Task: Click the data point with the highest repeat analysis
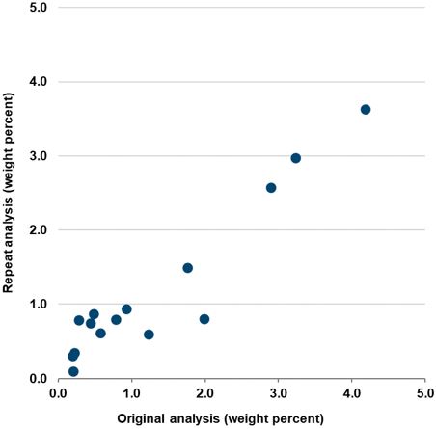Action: (x=366, y=109)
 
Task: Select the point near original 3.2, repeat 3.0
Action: (x=296, y=158)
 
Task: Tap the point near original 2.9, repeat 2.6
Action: (x=271, y=188)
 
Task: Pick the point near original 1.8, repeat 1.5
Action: (x=188, y=268)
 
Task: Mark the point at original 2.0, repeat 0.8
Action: (x=204, y=319)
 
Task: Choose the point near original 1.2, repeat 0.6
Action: (x=149, y=335)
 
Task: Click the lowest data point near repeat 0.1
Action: (x=73, y=371)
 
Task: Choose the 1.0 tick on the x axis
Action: (x=131, y=394)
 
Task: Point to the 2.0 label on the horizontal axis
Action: (x=204, y=394)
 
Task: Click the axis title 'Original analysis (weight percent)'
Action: (x=220, y=418)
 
